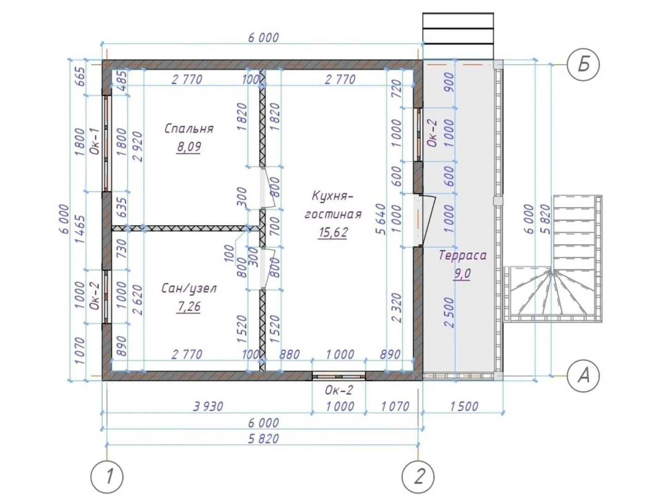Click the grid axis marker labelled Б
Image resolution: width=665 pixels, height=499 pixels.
tap(583, 65)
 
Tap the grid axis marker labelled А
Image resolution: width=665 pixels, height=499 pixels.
tap(583, 376)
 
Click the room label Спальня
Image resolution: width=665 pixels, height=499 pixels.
tap(189, 129)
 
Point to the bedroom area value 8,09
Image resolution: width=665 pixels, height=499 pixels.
tap(189, 147)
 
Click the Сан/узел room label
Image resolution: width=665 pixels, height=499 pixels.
tap(189, 288)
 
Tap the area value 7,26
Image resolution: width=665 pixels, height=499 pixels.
tap(189, 306)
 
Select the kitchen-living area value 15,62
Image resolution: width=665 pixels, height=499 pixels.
tap(332, 232)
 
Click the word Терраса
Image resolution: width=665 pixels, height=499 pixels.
tap(462, 256)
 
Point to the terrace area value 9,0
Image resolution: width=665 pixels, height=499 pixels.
tap(462, 274)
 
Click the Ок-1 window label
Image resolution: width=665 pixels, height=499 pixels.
tap(95, 141)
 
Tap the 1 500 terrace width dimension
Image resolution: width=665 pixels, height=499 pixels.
tap(464, 406)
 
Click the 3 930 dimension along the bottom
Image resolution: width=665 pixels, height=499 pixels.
tap(208, 406)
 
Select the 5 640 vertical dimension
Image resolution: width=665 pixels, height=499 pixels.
tap(381, 219)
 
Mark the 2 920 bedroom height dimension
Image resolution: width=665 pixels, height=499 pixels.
tap(138, 146)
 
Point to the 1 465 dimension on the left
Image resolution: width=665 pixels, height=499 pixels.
tap(81, 230)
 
